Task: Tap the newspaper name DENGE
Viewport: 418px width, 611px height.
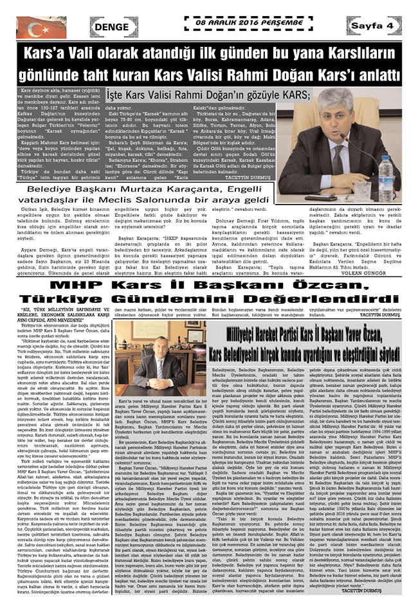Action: (x=115, y=26)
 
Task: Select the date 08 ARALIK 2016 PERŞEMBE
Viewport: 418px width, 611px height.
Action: (x=250, y=21)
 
